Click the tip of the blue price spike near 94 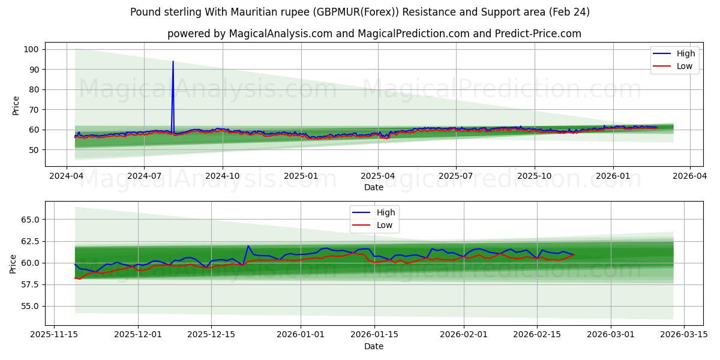coord(173,61)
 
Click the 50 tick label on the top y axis coord(34,150)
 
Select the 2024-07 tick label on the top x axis coord(143,176)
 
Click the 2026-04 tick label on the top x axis coord(689,176)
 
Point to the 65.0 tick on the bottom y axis coord(29,220)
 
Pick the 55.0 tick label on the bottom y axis coord(29,306)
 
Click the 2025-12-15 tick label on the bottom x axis coord(211,335)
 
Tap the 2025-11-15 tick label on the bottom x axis coord(55,335)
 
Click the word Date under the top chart coord(373,187)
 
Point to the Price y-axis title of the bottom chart coord(13,263)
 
